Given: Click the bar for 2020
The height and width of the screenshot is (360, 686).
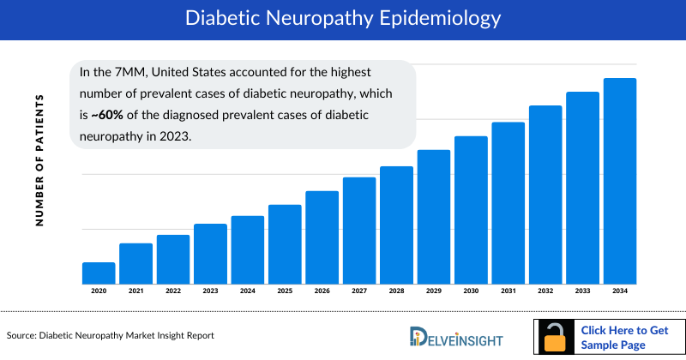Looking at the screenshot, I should pyautogui.click(x=99, y=273).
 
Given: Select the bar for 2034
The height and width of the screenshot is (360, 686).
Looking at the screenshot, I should pyautogui.click(x=620, y=181).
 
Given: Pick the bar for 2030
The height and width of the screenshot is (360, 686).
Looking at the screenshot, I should pyautogui.click(x=471, y=210).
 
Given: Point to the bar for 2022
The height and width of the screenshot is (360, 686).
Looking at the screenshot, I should pyautogui.click(x=173, y=259).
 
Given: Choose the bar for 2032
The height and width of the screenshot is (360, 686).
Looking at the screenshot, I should pyautogui.click(x=545, y=195).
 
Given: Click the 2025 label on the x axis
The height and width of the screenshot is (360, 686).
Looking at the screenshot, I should pyautogui.click(x=285, y=291).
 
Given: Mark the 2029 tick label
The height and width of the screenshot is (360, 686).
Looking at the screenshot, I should pyautogui.click(x=434, y=291).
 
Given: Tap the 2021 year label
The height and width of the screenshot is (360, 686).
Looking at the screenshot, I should pyautogui.click(x=135, y=291).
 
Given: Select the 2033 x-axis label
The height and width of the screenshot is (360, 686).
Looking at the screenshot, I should pyautogui.click(x=582, y=291).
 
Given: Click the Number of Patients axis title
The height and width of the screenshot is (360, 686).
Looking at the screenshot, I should pyautogui.click(x=39, y=160).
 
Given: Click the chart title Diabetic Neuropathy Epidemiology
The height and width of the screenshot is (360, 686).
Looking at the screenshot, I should pyautogui.click(x=343, y=17).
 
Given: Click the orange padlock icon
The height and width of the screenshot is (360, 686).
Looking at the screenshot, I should pyautogui.click(x=556, y=337).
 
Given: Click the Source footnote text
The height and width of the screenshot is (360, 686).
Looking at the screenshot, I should pyautogui.click(x=110, y=335).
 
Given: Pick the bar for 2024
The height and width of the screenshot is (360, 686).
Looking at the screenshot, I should pyautogui.click(x=248, y=249).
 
